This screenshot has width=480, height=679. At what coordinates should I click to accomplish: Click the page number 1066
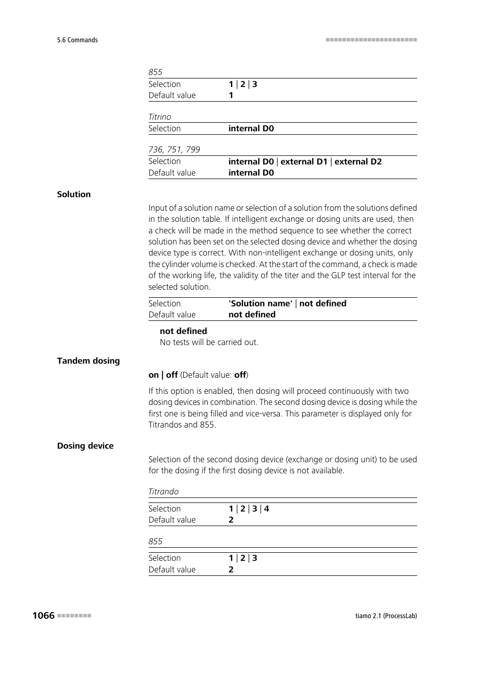pyautogui.click(x=43, y=615)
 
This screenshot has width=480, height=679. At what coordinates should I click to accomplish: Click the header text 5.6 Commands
pyautogui.click(x=77, y=40)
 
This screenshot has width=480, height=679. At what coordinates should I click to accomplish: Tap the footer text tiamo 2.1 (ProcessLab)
pyautogui.click(x=386, y=616)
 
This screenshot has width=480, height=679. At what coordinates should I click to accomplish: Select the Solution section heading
pyautogui.click(x=74, y=194)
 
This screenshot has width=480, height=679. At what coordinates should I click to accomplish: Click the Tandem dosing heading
pyautogui.click(x=89, y=361)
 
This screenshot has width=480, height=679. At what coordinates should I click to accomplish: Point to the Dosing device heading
pyautogui.click(x=86, y=446)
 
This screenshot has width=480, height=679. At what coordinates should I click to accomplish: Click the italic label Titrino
pyautogui.click(x=159, y=117)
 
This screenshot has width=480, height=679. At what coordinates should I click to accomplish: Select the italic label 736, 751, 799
pyautogui.click(x=174, y=149)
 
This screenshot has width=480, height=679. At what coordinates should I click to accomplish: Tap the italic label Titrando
pyautogui.click(x=164, y=491)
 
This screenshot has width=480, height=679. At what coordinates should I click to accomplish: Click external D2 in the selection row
pyautogui.click(x=358, y=161)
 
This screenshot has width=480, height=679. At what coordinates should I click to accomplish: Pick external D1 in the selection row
pyautogui.click(x=304, y=161)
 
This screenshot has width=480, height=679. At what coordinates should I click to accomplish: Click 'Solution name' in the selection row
pyautogui.click(x=260, y=303)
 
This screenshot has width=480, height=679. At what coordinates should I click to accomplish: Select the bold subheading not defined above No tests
pyautogui.click(x=183, y=331)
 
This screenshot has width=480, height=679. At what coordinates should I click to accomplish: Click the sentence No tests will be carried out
pyautogui.click(x=209, y=342)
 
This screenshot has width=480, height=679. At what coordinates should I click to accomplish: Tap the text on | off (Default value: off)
pyautogui.click(x=198, y=375)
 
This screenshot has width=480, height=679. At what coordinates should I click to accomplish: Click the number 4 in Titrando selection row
pyautogui.click(x=267, y=508)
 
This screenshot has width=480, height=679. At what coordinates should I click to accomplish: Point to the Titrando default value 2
pyautogui.click(x=231, y=520)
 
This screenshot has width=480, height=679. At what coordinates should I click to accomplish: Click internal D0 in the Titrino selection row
pyautogui.click(x=251, y=128)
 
